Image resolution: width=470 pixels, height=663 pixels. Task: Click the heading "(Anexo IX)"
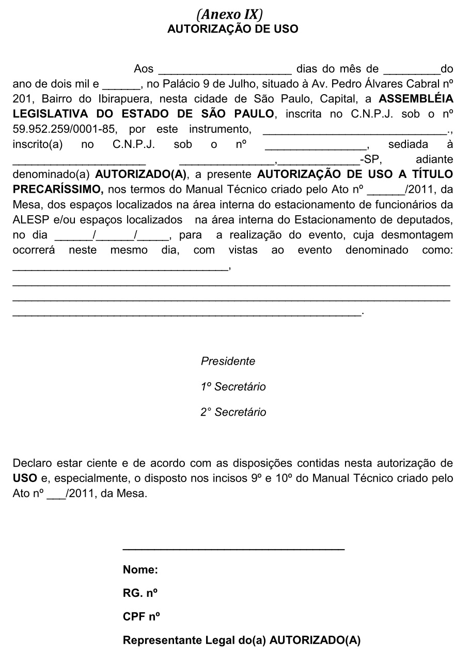232,14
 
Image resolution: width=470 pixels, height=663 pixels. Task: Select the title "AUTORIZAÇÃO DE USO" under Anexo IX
232,29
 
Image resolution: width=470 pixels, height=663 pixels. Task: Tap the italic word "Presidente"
228,361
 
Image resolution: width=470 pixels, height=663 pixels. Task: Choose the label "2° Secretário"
233,412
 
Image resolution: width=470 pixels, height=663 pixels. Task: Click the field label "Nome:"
140,570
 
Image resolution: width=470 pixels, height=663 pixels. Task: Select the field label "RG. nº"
140,594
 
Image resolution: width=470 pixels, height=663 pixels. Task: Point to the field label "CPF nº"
141,617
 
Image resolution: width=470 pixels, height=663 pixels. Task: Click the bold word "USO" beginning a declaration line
24,478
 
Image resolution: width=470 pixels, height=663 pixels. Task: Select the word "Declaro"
32,462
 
